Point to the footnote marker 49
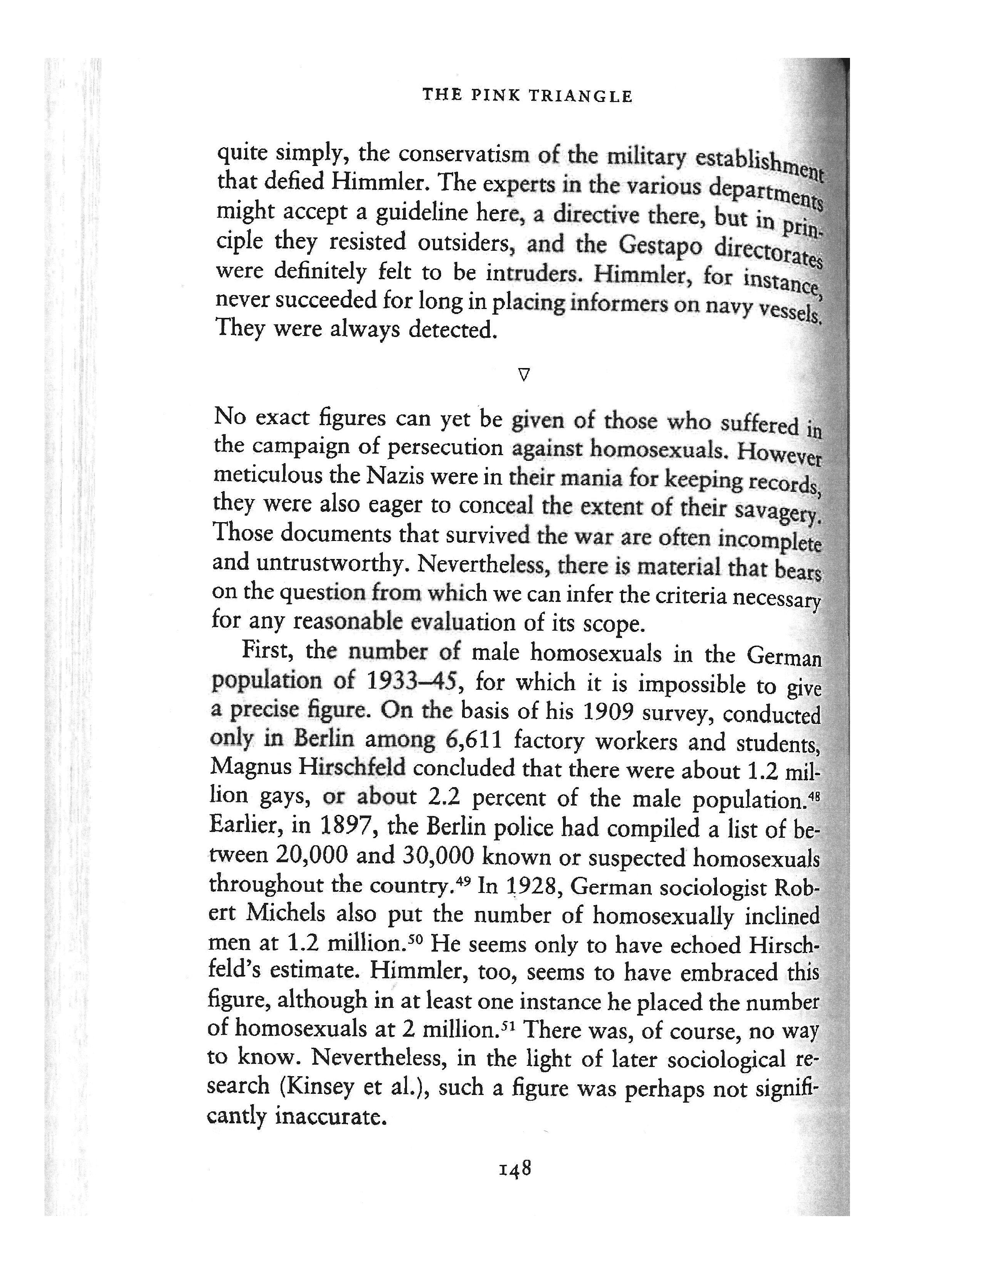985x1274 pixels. [x=463, y=879]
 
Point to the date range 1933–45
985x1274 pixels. [x=415, y=682]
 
